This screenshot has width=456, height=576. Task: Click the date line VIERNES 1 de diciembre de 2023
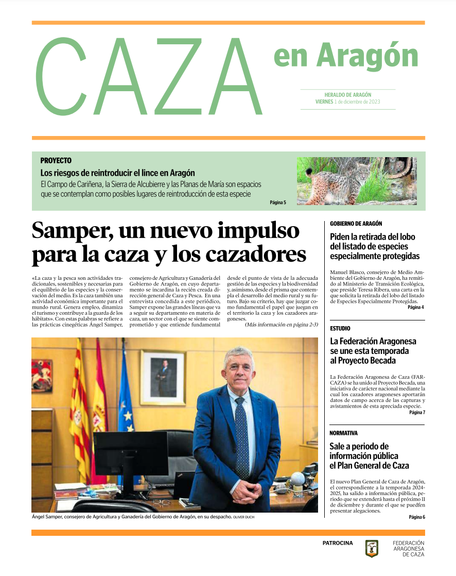pos(348,102)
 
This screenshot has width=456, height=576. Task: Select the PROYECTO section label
pos(56,161)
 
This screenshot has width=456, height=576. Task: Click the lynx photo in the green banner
pos(357,181)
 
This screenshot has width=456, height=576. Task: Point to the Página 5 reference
pos(277,202)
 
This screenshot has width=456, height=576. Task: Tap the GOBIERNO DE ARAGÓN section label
pos(356,224)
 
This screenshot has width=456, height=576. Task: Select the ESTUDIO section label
pos(340,328)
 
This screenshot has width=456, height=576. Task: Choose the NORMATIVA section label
pos(343,433)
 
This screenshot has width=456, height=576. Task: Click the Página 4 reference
pos(415,307)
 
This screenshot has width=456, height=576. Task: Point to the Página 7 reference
pos(416,412)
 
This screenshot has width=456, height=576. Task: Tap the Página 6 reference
pos(416,517)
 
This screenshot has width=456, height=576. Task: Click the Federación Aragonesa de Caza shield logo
pos(372,549)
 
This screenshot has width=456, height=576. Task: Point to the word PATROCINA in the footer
pos(338,543)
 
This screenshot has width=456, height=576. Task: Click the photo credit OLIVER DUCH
pos(243,517)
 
